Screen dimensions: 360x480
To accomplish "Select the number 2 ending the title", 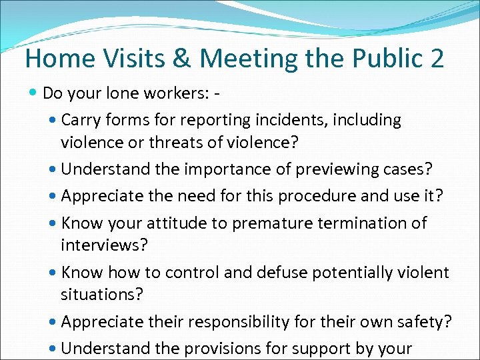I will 436,58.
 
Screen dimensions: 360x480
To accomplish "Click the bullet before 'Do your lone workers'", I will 34,92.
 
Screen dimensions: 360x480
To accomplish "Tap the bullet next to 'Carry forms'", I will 53,121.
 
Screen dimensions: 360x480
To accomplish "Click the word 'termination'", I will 356,223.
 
